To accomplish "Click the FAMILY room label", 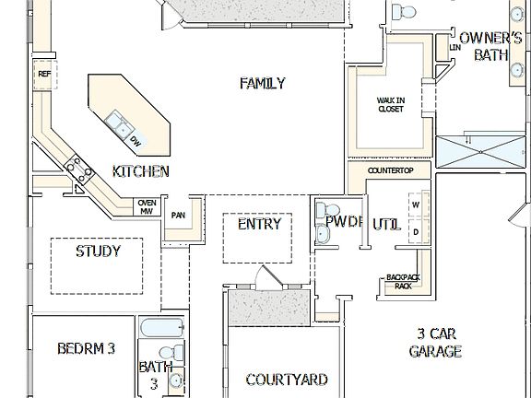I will pyautogui.click(x=263, y=84).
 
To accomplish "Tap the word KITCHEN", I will pyautogui.click(x=140, y=171).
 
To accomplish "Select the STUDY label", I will pyautogui.click(x=98, y=250).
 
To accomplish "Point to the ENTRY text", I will pyautogui.click(x=259, y=224).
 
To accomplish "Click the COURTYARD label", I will pyautogui.click(x=287, y=380).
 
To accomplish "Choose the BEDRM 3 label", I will pyautogui.click(x=86, y=348).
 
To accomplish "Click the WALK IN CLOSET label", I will pyautogui.click(x=391, y=104).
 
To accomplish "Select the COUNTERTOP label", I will pyautogui.click(x=391, y=171).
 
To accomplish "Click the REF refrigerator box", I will pyautogui.click(x=43, y=74).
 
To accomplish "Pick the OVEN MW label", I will pyautogui.click(x=146, y=207).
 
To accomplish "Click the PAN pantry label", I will pyautogui.click(x=179, y=216).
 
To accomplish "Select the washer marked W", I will pyautogui.click(x=415, y=205).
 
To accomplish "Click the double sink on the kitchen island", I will pyautogui.click(x=118, y=123).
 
